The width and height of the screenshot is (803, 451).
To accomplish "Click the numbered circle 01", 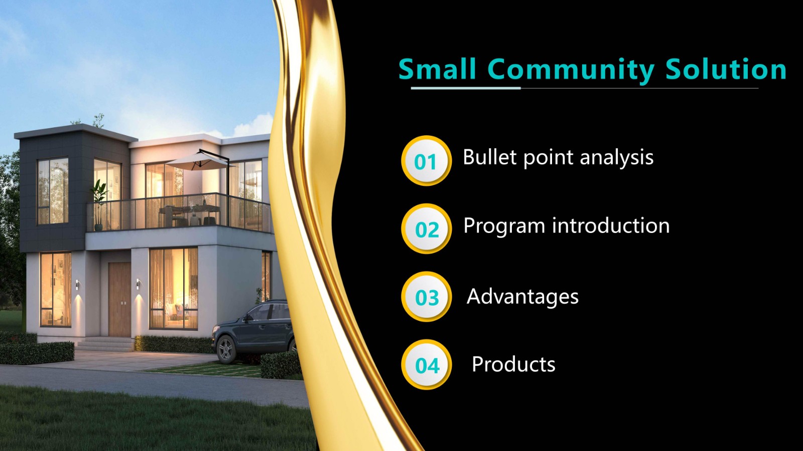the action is (x=426, y=161).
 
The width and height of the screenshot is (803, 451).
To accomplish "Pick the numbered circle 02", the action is (x=426, y=229).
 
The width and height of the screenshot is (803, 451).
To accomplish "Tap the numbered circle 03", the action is (x=426, y=297).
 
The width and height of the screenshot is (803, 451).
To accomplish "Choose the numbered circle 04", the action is (x=426, y=365).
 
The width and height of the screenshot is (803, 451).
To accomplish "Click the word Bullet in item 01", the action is (x=490, y=157).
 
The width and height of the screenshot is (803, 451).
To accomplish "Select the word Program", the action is (x=504, y=226).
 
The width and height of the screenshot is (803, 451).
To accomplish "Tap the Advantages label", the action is (x=522, y=297).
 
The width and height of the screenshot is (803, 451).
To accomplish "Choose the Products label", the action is (x=513, y=364).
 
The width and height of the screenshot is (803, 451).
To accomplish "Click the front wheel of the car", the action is (x=225, y=349).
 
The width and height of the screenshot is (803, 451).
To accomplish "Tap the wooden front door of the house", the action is (x=119, y=299).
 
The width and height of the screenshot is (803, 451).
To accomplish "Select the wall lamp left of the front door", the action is (x=77, y=285).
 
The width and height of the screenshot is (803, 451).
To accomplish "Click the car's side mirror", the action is (x=246, y=318).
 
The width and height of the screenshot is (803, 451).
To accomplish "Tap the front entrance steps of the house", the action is (x=105, y=344).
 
